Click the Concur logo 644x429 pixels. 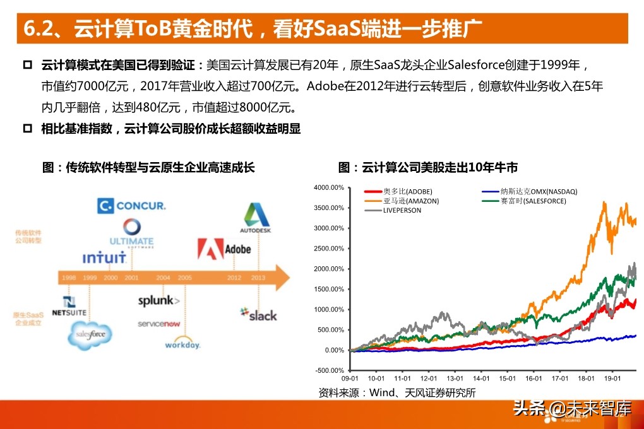pyautogui.click(x=132, y=206)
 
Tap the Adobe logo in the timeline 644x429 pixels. pyautogui.click(x=224, y=248)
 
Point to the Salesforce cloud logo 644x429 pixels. pyautogui.click(x=90, y=334)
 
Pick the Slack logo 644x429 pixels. pyautogui.click(x=258, y=314)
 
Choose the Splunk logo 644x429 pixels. pyautogui.click(x=158, y=301)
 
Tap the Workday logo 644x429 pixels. pyautogui.click(x=182, y=344)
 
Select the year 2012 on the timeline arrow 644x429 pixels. pyautogui.click(x=234, y=278)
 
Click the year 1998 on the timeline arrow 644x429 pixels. pyautogui.click(x=68, y=278)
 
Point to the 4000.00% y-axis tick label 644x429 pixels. pyautogui.click(x=328, y=187)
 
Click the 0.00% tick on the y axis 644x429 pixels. pyautogui.click(x=334, y=350)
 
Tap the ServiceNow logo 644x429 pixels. pyautogui.click(x=159, y=324)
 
